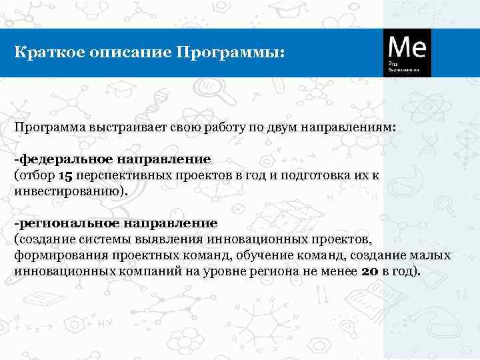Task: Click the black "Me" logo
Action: pyautogui.click(x=407, y=52)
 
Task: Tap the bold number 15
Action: pyautogui.click(x=65, y=175)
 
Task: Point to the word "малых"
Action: pyautogui.click(x=433, y=255)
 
